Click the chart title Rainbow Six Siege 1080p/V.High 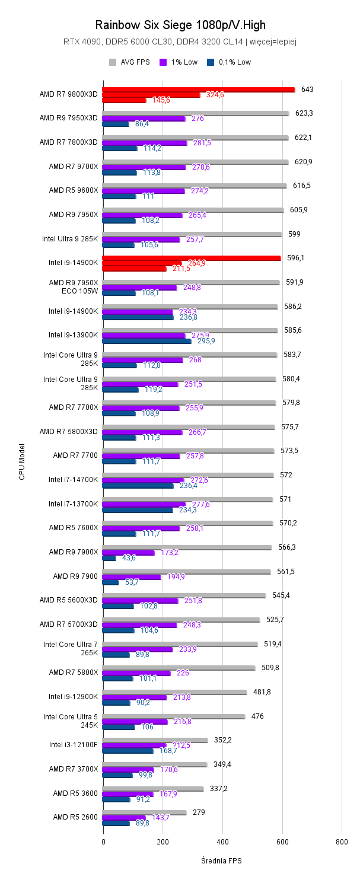pyautogui.click(x=180, y=25)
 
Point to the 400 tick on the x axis pyautogui.click(x=222, y=841)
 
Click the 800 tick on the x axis pyautogui.click(x=342, y=841)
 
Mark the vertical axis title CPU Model pyautogui.click(x=22, y=461)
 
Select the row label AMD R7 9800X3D pyautogui.click(x=68, y=94)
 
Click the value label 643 pyautogui.click(x=307, y=90)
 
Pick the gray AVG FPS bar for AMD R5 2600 pyautogui.click(x=144, y=812)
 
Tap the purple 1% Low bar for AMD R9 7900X pyautogui.click(x=128, y=553)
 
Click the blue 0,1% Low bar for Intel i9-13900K pyautogui.click(x=146, y=341)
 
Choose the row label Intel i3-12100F pyautogui.click(x=73, y=744)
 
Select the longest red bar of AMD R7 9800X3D pyautogui.click(x=198, y=90)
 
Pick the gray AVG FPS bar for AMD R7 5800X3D pyautogui.click(x=189, y=427)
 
